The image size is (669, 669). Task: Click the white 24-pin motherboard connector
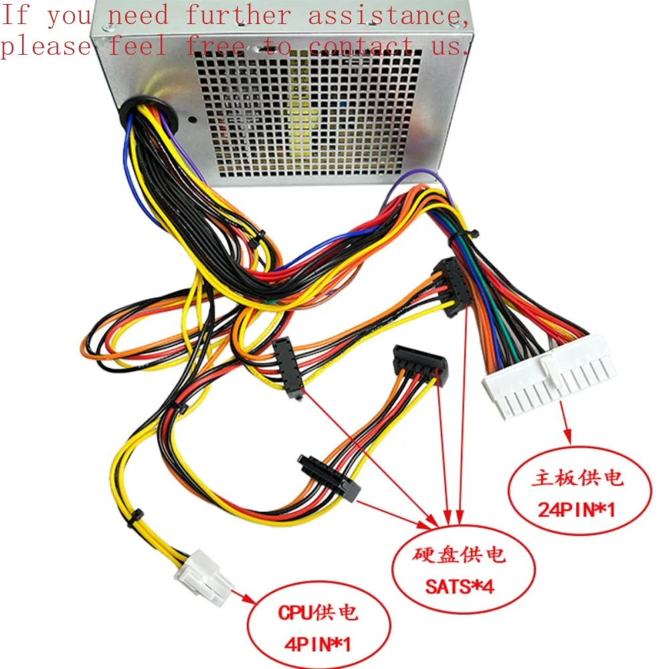click(547, 385)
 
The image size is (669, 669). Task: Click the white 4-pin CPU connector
click(203, 577)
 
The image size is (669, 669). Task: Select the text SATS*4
click(460, 587)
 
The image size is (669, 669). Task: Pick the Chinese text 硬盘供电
click(460, 555)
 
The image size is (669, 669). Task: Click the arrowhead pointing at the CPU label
click(246, 597)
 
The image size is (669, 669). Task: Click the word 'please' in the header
click(45, 45)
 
